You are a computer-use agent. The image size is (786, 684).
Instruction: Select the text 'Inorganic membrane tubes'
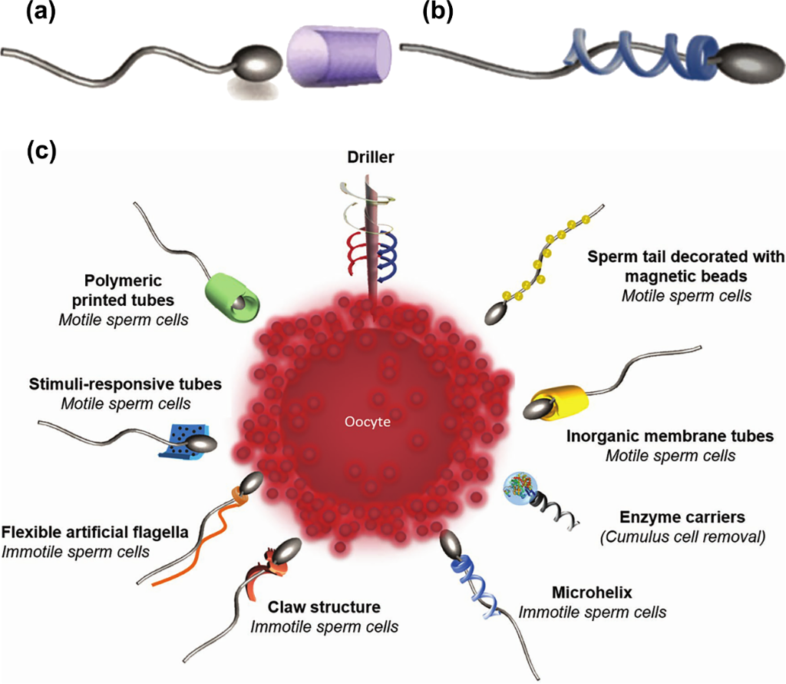coord(669,436)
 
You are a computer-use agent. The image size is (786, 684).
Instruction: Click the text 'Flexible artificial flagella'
coord(95,531)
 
